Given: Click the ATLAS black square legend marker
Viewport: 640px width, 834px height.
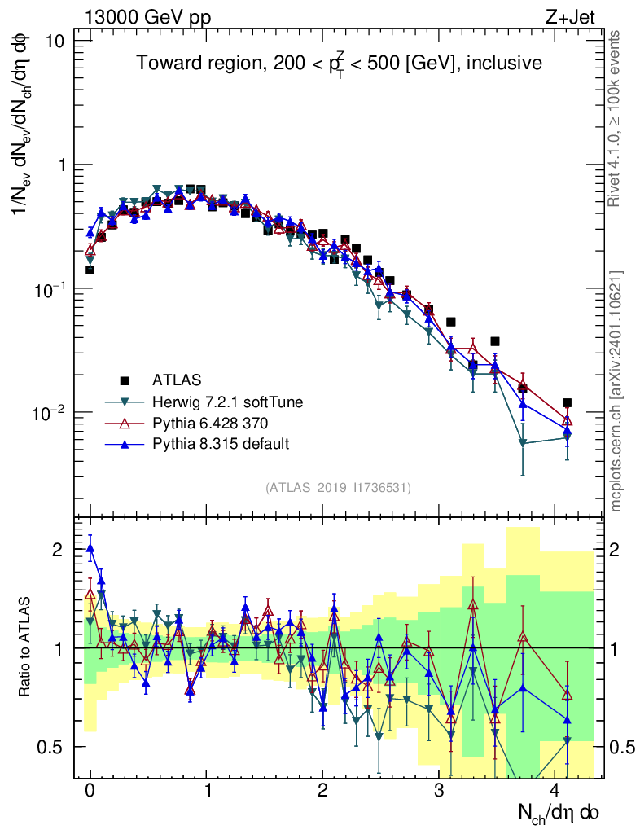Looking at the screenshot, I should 125,380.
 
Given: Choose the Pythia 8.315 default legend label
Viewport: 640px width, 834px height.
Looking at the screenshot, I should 220,444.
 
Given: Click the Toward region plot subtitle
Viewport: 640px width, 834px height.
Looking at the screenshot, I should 339,64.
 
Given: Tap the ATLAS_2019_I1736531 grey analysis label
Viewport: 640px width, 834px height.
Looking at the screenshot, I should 338,488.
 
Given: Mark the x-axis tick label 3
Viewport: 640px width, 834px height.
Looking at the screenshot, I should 440,791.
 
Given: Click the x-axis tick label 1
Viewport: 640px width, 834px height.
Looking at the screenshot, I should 207,791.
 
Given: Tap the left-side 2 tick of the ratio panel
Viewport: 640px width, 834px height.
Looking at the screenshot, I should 57,550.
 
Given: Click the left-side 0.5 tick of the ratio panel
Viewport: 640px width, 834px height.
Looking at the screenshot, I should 51,747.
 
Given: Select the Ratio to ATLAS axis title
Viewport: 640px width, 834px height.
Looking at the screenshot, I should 26,647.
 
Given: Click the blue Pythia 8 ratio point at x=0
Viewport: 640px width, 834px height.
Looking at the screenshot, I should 90,548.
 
